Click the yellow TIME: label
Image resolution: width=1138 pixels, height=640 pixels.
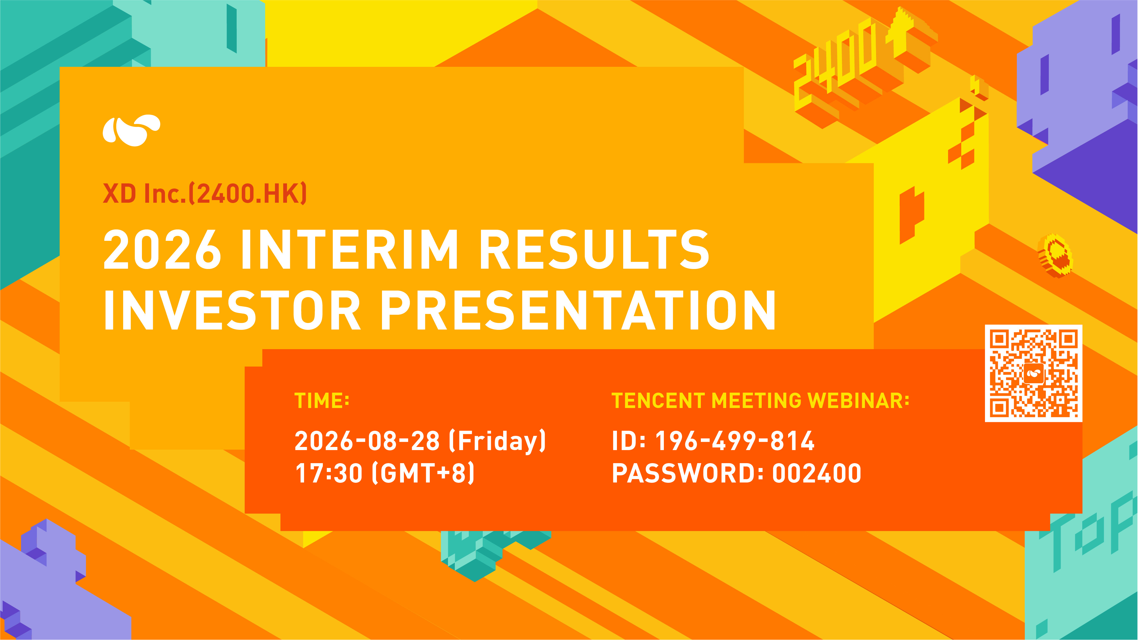322,401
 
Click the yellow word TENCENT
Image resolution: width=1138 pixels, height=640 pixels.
658,401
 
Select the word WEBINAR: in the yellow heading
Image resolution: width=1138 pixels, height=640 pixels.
858,401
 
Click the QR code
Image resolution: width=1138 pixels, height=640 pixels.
1033,373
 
